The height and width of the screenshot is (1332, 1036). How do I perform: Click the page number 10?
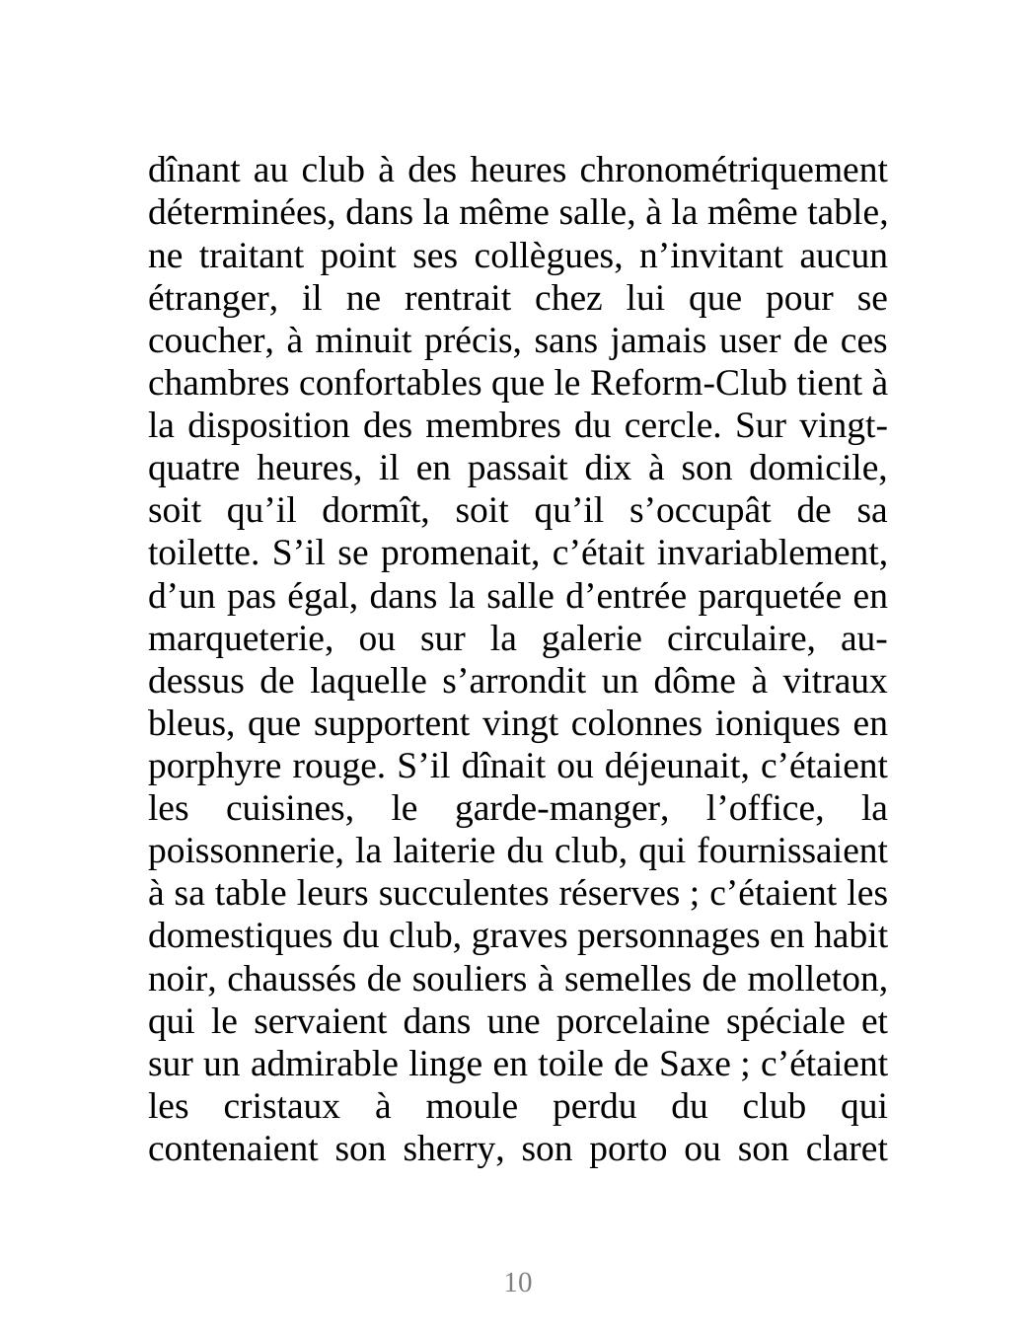(518, 1282)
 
